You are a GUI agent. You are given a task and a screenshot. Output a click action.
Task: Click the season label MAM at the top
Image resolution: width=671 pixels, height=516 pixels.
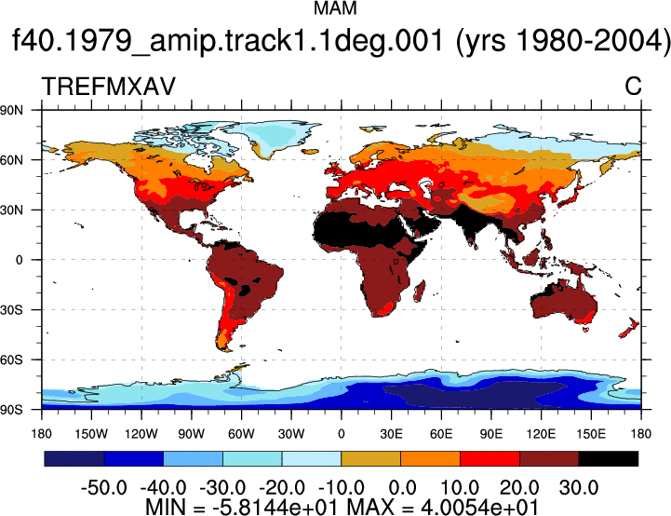[x=335, y=8]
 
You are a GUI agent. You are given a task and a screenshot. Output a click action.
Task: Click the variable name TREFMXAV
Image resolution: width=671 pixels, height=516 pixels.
[x=109, y=87]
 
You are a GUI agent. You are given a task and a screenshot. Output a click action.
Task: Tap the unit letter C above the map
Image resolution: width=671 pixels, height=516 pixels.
[x=633, y=87]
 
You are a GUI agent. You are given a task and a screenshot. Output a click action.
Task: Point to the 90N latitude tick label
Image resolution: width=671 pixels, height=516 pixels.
[x=11, y=110]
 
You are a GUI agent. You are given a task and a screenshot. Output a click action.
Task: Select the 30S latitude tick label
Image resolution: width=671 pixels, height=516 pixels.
[x=11, y=309]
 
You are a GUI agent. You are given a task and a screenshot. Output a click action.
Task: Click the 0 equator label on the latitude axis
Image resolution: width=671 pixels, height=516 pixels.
[x=19, y=260]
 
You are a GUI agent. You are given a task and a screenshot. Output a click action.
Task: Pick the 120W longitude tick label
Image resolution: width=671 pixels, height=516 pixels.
[x=141, y=434]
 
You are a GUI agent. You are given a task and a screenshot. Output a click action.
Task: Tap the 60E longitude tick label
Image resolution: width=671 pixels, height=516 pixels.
[x=441, y=434]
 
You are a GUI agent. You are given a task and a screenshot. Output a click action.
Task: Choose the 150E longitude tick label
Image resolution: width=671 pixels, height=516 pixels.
[x=591, y=434]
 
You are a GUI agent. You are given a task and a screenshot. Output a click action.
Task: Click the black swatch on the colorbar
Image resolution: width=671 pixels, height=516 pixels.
[x=608, y=458]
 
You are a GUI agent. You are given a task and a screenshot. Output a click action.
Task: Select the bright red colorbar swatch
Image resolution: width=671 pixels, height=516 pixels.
[x=490, y=458]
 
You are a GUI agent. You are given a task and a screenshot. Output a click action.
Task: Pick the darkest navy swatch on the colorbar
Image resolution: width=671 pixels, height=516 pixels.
[x=74, y=458]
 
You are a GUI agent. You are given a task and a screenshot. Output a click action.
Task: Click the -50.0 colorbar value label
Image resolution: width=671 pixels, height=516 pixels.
[x=103, y=488]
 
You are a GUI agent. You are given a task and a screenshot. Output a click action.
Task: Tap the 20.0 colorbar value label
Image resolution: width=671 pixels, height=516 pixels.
[x=519, y=488]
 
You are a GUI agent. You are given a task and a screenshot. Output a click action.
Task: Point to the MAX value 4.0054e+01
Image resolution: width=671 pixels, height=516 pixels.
[x=479, y=507]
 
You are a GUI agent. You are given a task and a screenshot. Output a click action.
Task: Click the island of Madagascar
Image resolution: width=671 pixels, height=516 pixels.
[x=421, y=292]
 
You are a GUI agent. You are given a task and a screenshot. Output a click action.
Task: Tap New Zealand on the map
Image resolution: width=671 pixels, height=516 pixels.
[x=629, y=328]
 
